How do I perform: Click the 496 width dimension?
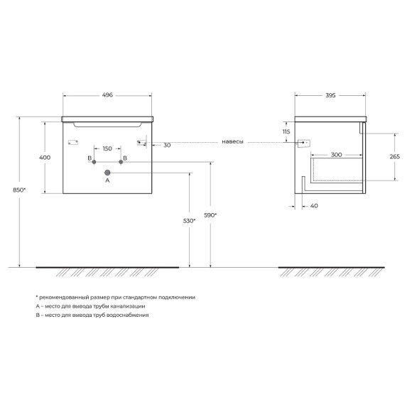click(x=107, y=95)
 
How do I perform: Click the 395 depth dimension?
click(x=330, y=95)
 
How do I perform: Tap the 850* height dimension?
click(x=19, y=190)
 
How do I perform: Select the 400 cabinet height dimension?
click(x=45, y=158)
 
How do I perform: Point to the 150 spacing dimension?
click(x=107, y=148)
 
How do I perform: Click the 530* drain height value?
click(x=189, y=221)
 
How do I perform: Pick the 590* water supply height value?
click(x=210, y=215)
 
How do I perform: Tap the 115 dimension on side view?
click(x=286, y=131)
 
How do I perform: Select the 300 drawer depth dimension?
click(x=336, y=155)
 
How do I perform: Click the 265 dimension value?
click(x=395, y=156)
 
